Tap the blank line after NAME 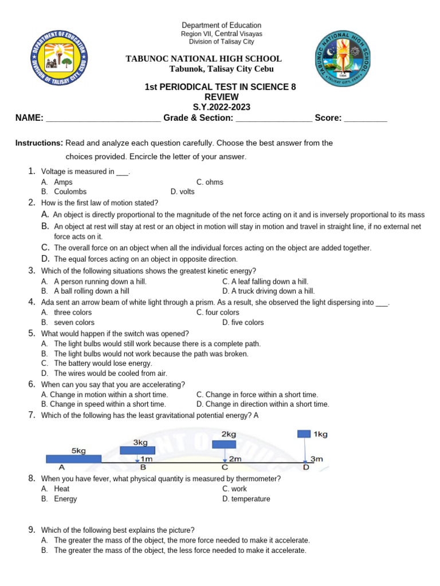(103, 118)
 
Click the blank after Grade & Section (274, 118)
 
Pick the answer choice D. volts (183, 192)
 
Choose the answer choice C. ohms (210, 182)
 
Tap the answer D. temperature (246, 498)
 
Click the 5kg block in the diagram (73, 458)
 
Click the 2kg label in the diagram (229, 434)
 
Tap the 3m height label (317, 459)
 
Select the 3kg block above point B (137, 450)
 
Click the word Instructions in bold (39, 143)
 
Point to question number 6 (32, 384)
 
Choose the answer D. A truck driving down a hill (269, 291)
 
